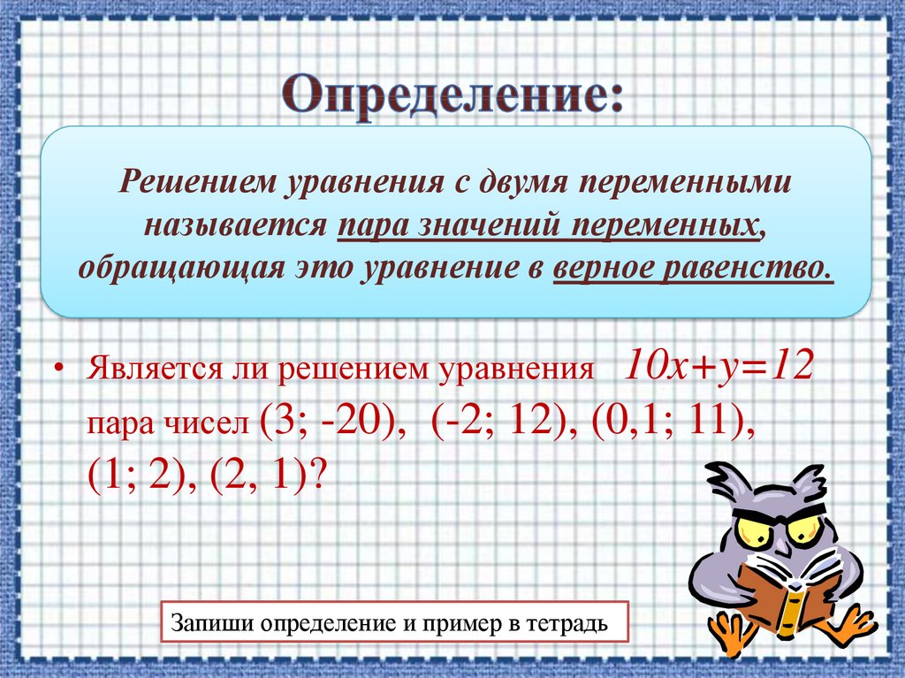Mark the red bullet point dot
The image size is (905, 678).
coord(59,369)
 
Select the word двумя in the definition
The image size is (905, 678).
coord(522,182)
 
